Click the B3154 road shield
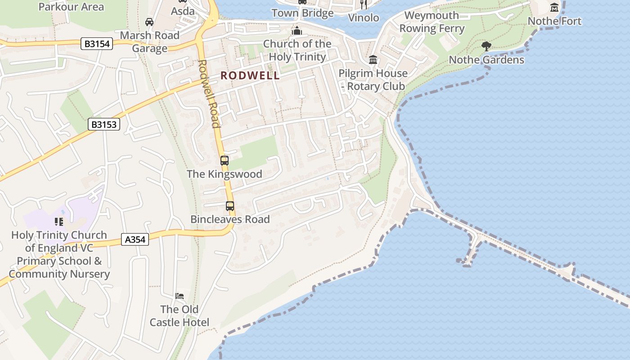[97, 44]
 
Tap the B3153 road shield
[104, 124]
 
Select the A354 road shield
[135, 239]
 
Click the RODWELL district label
[250, 76]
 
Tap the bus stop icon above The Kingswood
[224, 160]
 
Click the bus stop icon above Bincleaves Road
[230, 206]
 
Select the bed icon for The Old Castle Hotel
[180, 296]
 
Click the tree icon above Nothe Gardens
[486, 46]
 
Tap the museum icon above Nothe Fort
[554, 8]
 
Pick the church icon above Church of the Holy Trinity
[297, 31]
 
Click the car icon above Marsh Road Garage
[149, 22]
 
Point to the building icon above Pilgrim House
[373, 59]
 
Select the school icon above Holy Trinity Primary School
[58, 221]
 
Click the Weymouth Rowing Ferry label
[432, 22]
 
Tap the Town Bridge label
[302, 13]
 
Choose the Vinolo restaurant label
[364, 18]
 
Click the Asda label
[183, 11]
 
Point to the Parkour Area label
[71, 7]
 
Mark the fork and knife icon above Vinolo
[364, 4]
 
